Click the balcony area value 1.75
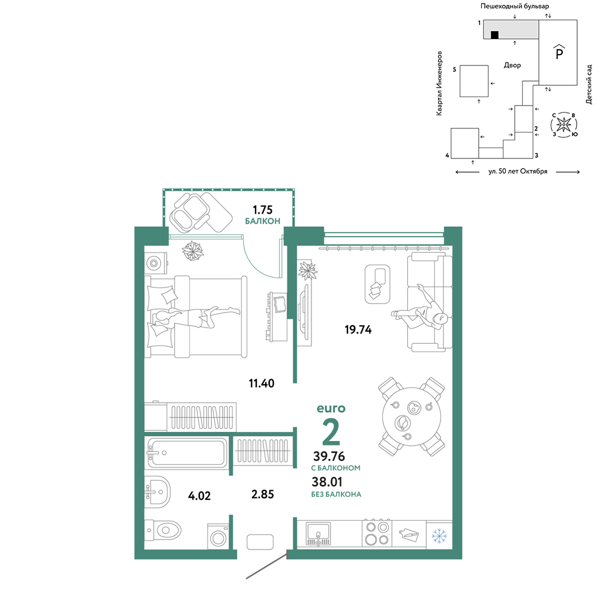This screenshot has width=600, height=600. point(263,209)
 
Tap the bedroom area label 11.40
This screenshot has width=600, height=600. point(262,383)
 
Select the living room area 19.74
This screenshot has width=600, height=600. point(358,329)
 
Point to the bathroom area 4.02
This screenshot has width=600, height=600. point(199,496)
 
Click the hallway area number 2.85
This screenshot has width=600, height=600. point(263,494)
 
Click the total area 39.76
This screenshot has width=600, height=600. point(329,456)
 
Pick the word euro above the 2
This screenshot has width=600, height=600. point(331,408)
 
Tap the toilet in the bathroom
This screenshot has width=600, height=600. point(163,530)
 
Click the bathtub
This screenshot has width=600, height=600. point(187,453)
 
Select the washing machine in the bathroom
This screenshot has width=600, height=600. point(218,536)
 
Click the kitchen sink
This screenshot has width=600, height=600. point(318,533)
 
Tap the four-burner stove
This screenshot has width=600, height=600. point(377,533)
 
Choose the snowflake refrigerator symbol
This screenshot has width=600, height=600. point(439,536)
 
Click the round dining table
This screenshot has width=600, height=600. point(412,416)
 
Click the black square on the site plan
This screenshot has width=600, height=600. point(494,35)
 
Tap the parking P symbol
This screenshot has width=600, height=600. point(559,52)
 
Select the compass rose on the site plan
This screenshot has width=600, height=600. point(563,125)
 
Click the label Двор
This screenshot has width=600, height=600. point(512,65)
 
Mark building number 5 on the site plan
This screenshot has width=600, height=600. point(474,81)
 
